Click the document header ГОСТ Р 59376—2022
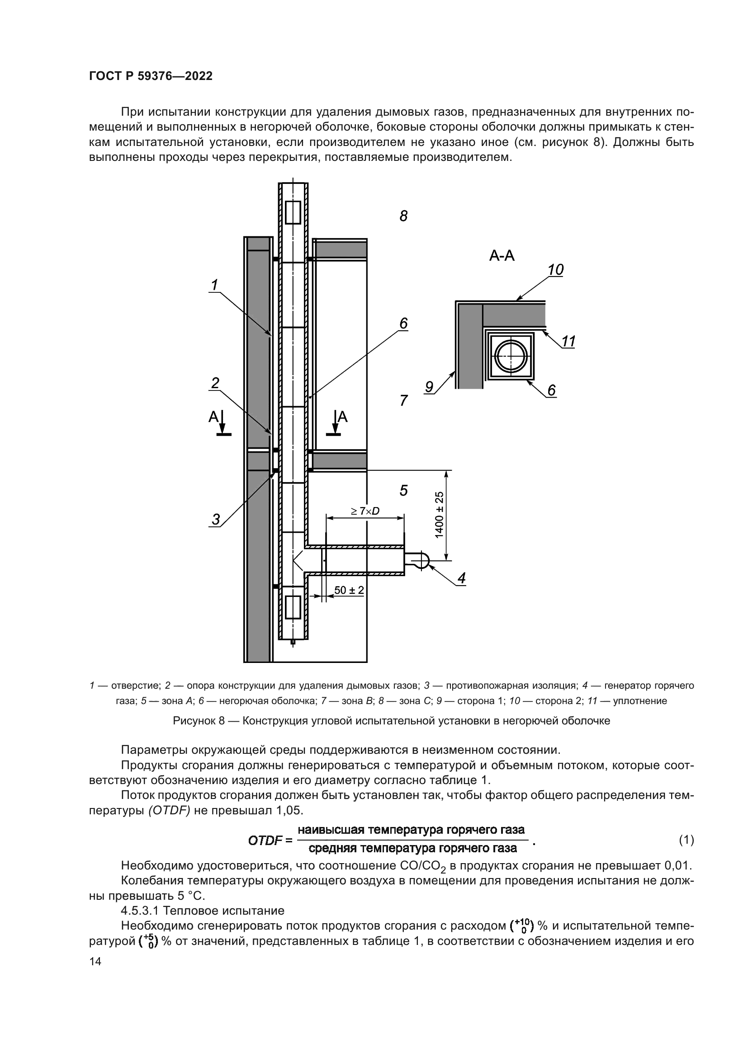151,76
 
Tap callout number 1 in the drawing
214,286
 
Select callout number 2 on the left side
215,383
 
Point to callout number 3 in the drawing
216,519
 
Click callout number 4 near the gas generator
461,578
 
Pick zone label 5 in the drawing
403,490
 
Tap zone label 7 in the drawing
403,400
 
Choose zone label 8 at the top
403,216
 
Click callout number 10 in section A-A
556,270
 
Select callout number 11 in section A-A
569,342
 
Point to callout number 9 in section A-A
429,387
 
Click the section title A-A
502,256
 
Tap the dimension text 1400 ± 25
439,514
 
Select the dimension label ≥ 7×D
365,511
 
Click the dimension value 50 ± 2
349,590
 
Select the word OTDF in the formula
265,841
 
